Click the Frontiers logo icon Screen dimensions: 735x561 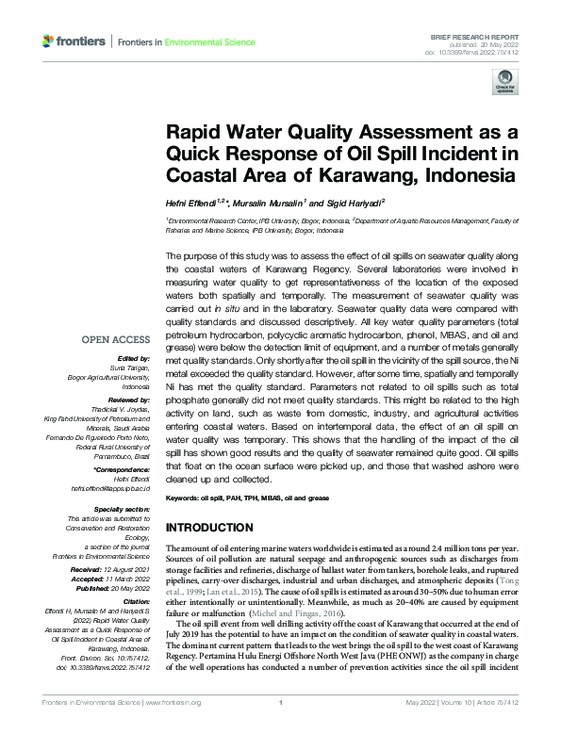(49, 41)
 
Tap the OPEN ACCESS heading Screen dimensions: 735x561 (116, 339)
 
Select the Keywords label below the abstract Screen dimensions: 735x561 (185, 497)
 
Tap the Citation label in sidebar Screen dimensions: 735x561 (136, 601)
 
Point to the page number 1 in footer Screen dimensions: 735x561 (281, 729)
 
